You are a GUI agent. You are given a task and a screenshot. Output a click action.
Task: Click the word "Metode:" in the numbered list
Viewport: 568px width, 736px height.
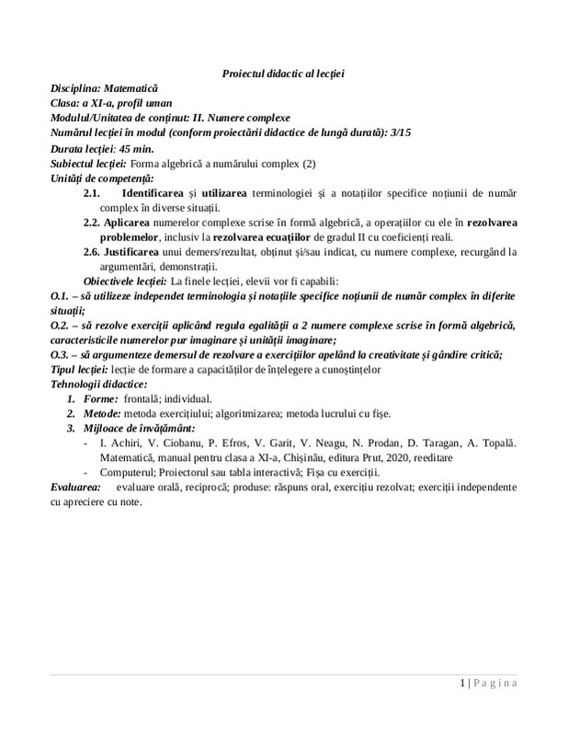103,414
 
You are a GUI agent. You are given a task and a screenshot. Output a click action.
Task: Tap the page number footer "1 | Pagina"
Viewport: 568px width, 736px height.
487,684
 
